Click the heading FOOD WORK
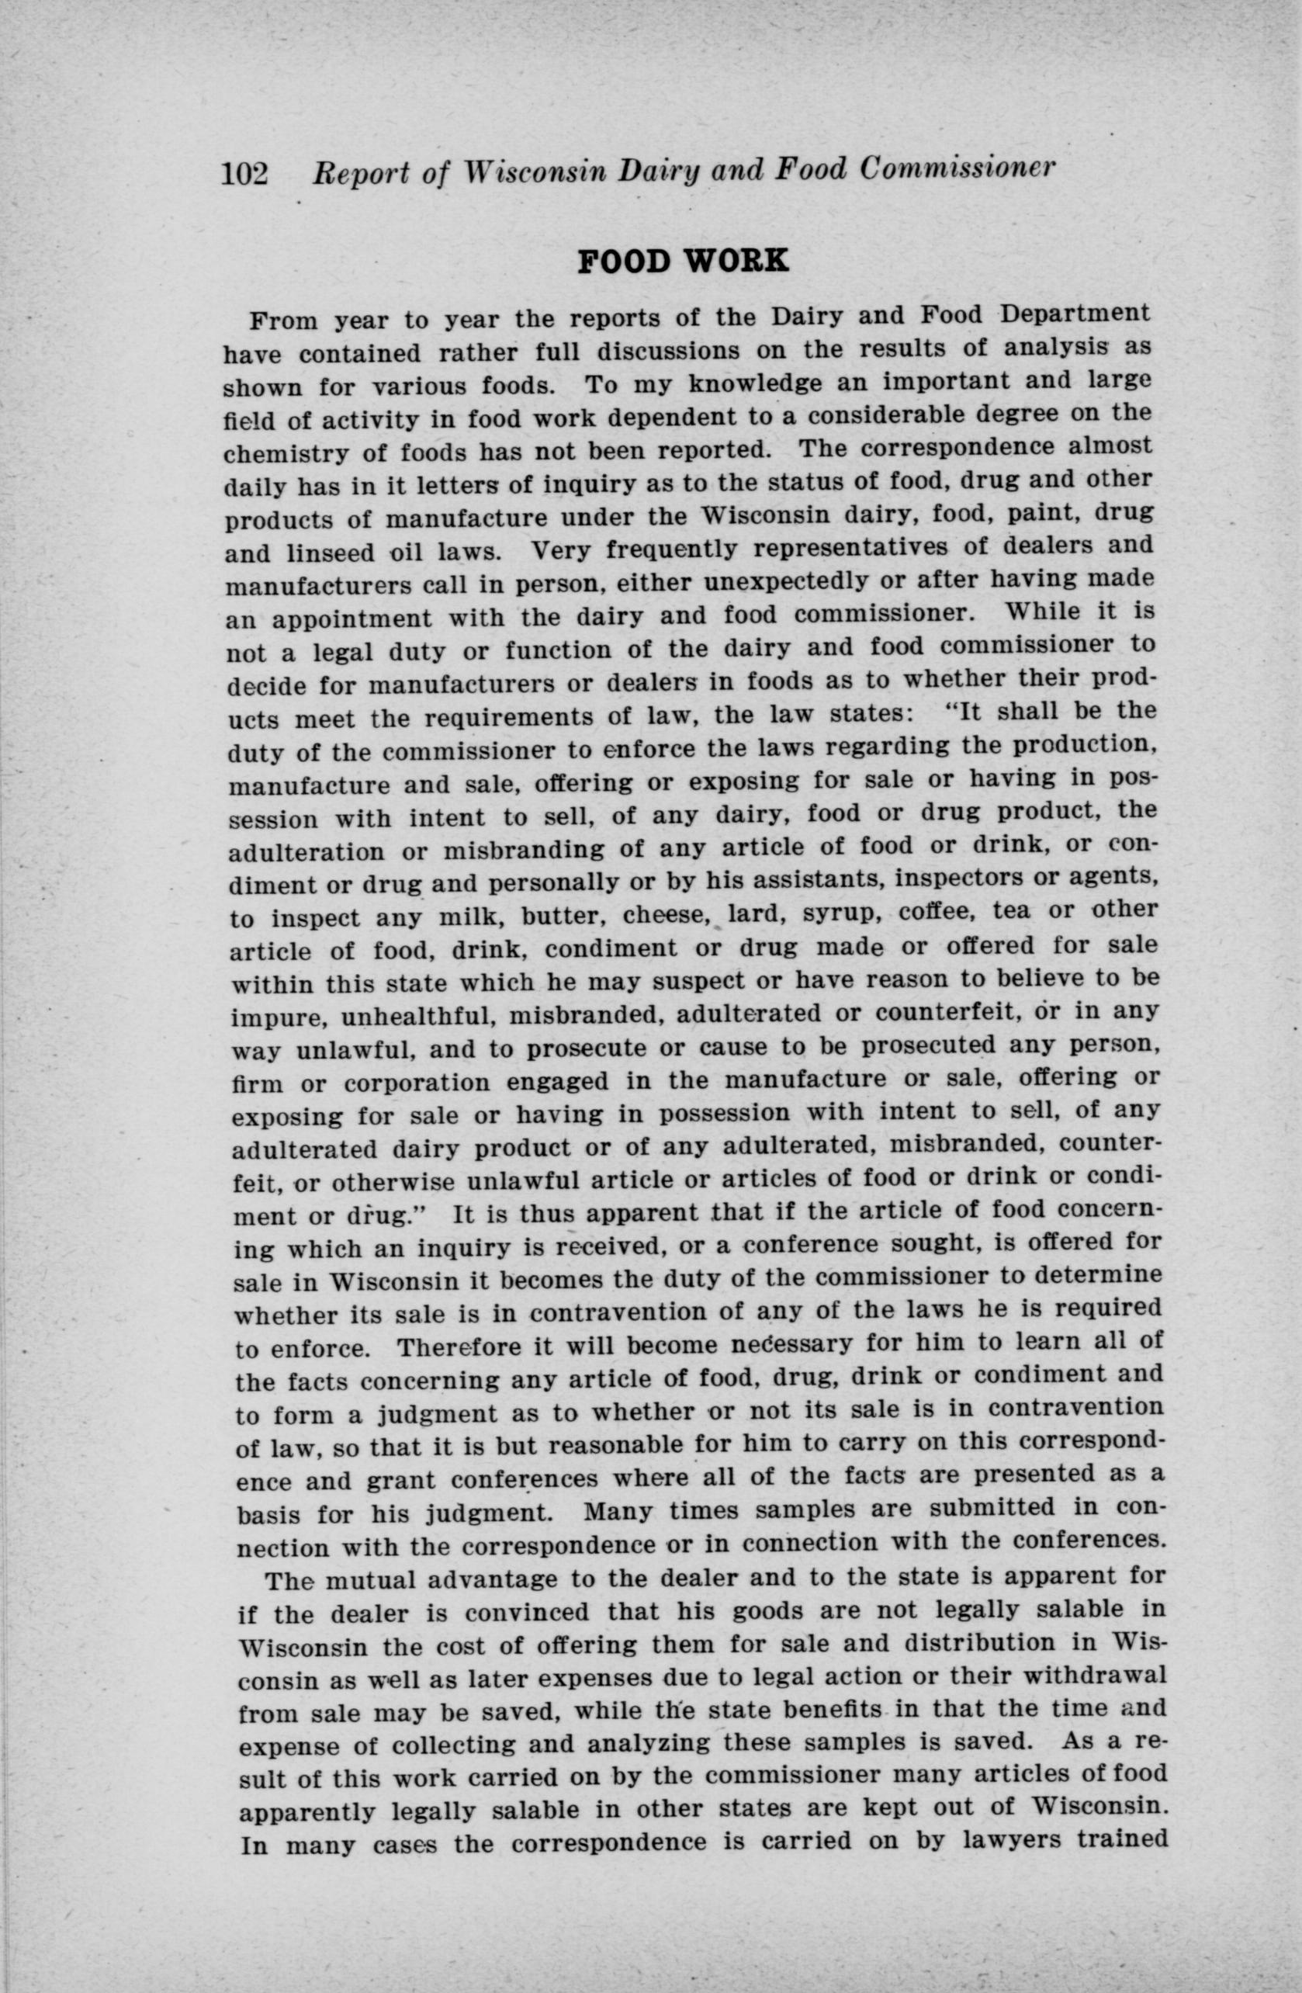pos(684,261)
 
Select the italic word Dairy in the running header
pos(641,171)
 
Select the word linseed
pos(331,554)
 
